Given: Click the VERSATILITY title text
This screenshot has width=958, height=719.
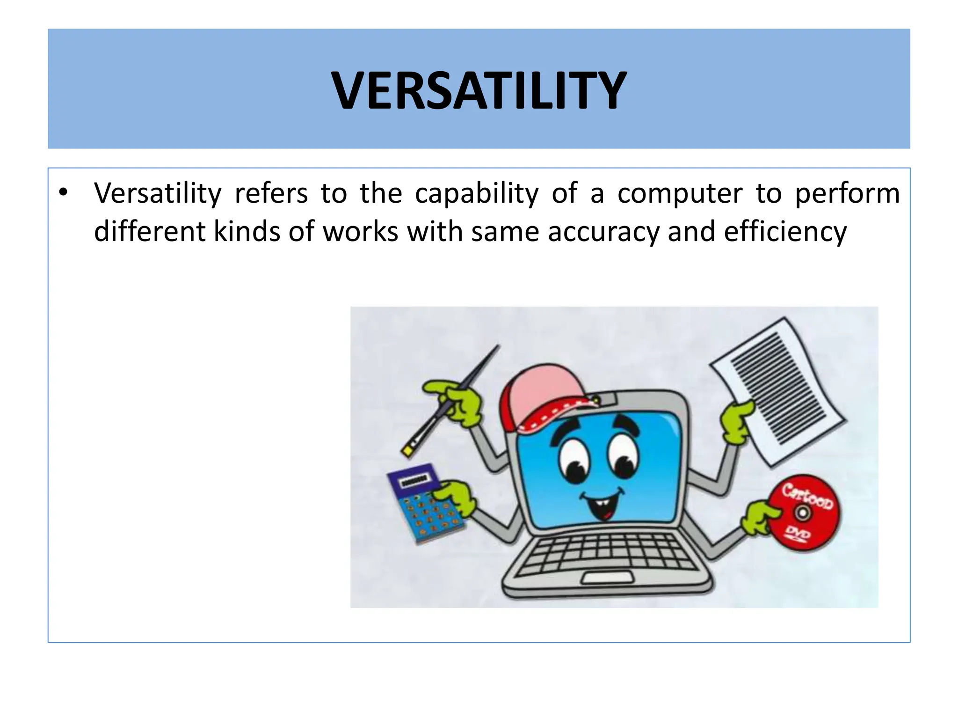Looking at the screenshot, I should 479,90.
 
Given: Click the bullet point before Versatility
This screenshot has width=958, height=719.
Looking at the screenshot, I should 64,192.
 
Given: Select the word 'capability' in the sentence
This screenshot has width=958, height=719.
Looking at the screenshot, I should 477,194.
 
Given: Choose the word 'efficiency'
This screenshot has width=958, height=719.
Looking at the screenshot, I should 785,232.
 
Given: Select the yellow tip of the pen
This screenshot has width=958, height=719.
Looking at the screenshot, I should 407,451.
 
